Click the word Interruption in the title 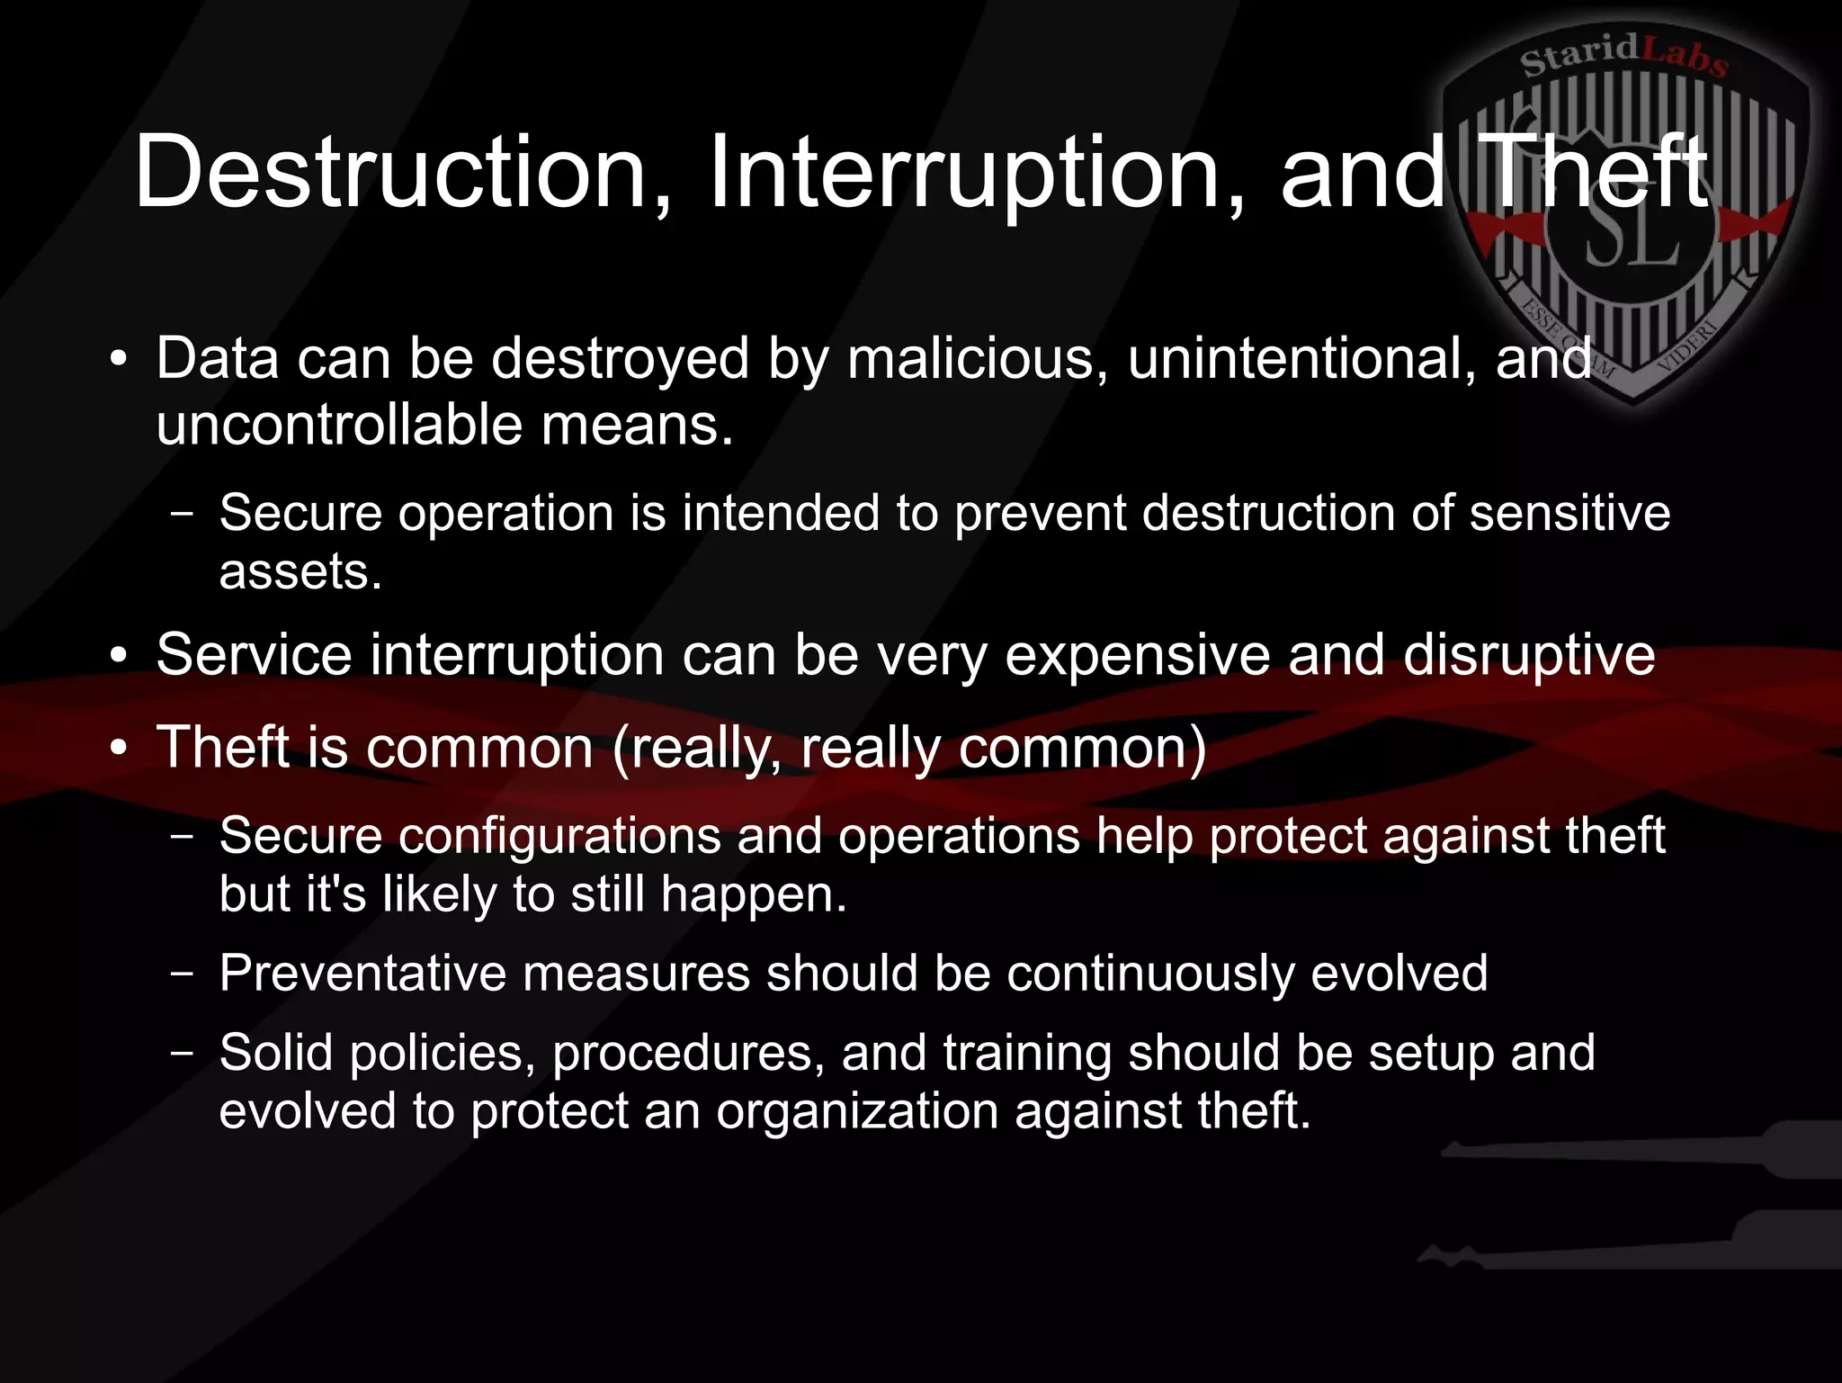pos(977,171)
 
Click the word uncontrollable pos(339,425)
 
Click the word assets pos(300,571)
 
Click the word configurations pos(559,835)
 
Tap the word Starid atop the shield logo pos(1579,56)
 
